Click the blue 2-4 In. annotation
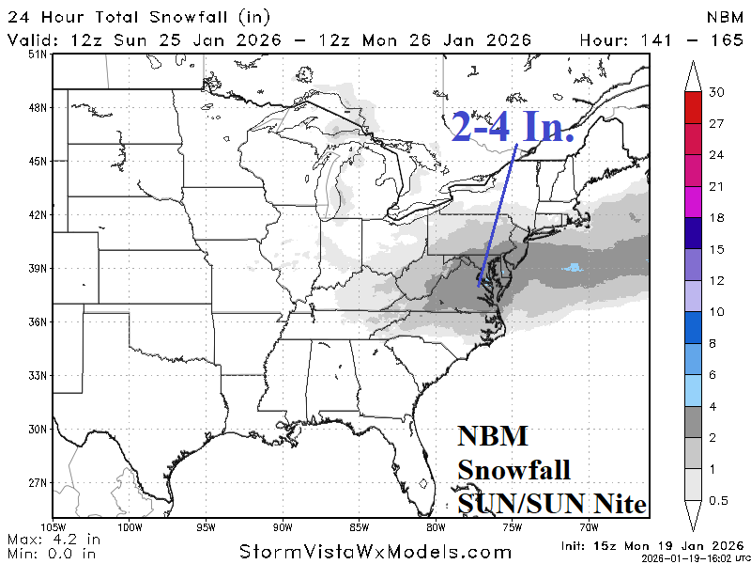pos(513,127)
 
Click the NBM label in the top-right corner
pos(725,18)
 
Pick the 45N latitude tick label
pos(37,162)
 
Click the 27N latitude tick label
pos(37,483)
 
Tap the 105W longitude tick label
pos(53,526)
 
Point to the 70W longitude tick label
pos(589,526)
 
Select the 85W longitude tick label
pos(359,526)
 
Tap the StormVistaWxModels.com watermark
pos(375,551)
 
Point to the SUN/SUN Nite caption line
pos(552,504)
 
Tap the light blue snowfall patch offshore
pos(572,268)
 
